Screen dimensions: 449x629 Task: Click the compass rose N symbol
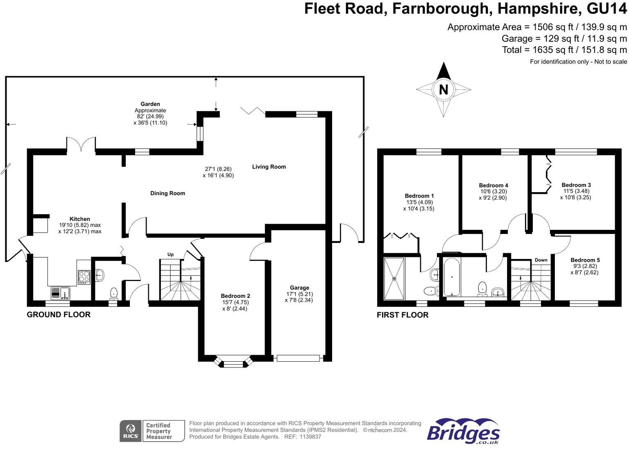(x=443, y=89)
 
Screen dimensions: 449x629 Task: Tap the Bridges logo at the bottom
(x=463, y=431)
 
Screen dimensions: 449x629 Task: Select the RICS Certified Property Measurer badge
(x=152, y=431)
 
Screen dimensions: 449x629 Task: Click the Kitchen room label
(x=79, y=219)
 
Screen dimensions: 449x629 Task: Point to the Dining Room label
(x=167, y=193)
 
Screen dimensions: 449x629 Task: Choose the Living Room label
(x=269, y=167)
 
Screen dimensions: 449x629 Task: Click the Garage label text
(x=299, y=288)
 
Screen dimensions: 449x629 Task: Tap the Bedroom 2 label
(x=235, y=296)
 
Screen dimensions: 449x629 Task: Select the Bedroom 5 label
(x=585, y=260)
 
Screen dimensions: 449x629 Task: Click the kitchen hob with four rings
(x=84, y=277)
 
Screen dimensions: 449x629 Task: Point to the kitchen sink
(x=60, y=293)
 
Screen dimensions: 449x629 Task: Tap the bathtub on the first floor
(x=452, y=277)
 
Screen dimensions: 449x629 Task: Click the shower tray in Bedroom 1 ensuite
(x=394, y=278)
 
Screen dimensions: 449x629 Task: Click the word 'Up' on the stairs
(x=170, y=254)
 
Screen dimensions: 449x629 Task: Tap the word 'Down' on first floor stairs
(x=541, y=260)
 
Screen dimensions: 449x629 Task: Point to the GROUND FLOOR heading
(x=59, y=315)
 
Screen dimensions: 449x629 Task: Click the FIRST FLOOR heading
(x=403, y=315)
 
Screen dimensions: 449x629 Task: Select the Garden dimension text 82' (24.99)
(x=150, y=117)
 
